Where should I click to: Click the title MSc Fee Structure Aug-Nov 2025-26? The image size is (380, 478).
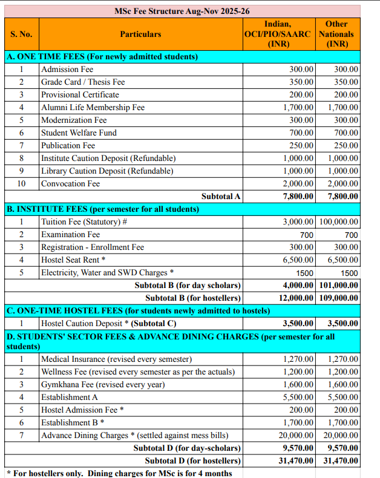coord(182,11)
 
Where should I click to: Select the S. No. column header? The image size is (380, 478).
coord(22,34)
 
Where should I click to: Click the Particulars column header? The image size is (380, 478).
coord(140,34)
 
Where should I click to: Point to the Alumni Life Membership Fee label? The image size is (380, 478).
coord(93,107)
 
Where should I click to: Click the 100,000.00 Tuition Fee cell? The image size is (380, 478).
coord(338,222)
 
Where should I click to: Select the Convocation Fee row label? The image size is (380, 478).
coord(70,183)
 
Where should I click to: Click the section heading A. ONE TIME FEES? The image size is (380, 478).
coord(102,57)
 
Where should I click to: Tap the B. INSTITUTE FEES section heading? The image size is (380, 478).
coord(102,209)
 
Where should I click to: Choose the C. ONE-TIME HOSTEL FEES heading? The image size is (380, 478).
coord(138,311)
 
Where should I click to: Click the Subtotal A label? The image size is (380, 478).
coord(221,196)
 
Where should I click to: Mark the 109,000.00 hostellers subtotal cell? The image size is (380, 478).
coord(338,298)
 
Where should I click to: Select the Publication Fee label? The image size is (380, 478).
coord(68,145)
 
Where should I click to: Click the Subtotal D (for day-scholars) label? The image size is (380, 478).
coord(187,448)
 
